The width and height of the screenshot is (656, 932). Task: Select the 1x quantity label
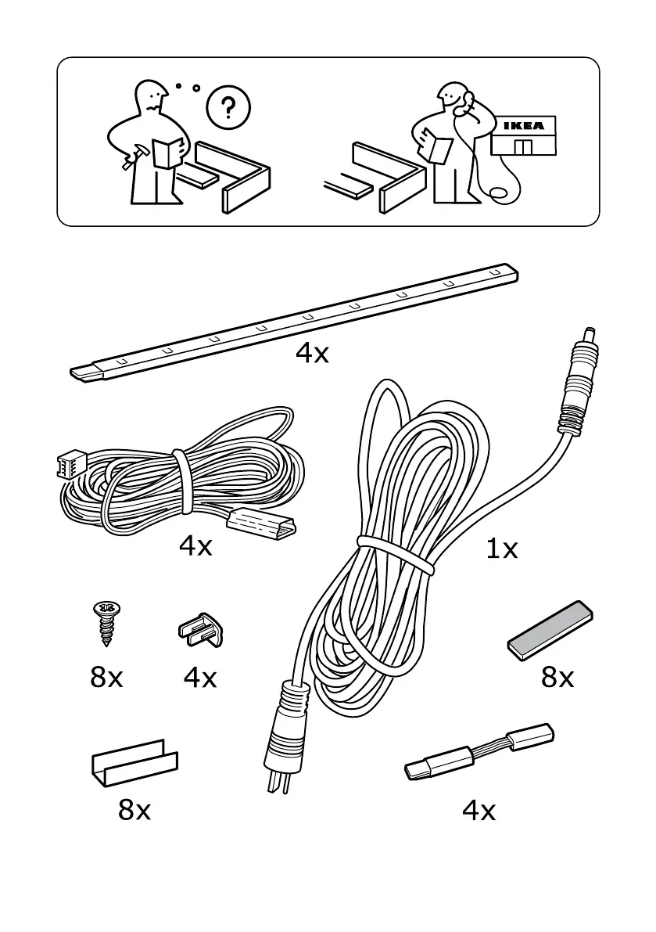(502, 549)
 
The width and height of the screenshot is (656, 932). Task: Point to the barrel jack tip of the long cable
(588, 337)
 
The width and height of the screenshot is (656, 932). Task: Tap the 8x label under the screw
(107, 677)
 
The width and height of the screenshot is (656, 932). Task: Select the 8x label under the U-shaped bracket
(134, 811)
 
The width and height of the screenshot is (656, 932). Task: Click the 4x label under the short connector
(479, 811)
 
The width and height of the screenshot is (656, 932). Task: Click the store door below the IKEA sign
(523, 146)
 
